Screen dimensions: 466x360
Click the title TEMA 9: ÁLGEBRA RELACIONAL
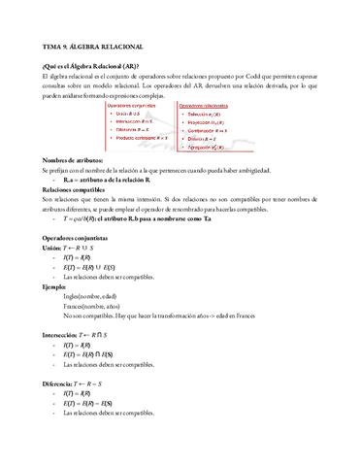pos(93,46)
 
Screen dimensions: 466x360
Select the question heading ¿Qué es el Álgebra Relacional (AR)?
pos(85,65)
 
